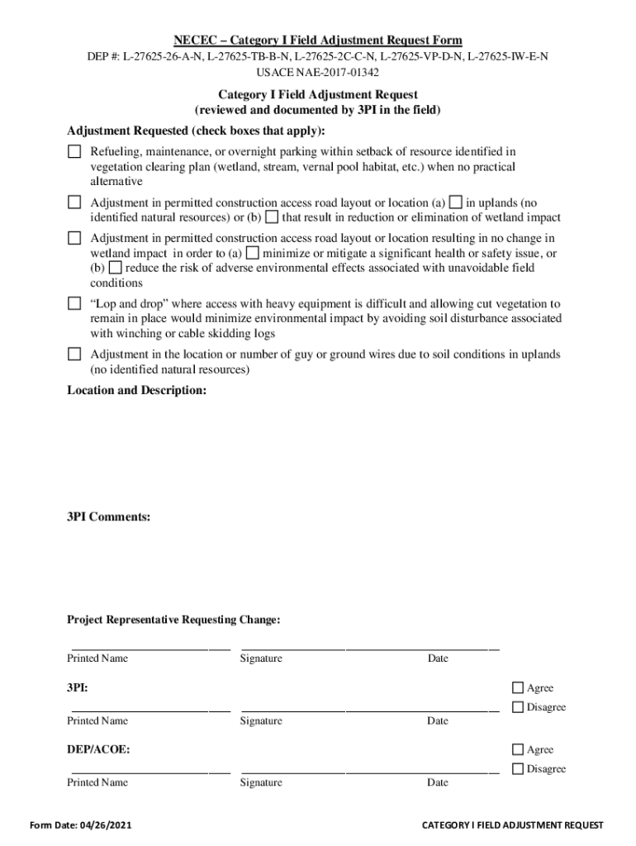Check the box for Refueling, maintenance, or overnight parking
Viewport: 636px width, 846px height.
(x=74, y=151)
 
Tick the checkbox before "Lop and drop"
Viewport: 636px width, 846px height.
(x=74, y=303)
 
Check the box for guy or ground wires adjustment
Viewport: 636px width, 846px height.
(x=74, y=354)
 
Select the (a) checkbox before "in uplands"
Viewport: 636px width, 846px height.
(x=456, y=202)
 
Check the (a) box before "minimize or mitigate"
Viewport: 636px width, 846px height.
(x=253, y=253)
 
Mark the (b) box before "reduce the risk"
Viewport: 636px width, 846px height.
(x=116, y=268)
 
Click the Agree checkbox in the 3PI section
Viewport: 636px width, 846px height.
(x=518, y=687)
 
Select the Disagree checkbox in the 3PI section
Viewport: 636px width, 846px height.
(x=518, y=706)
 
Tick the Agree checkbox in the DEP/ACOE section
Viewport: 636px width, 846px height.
(x=518, y=749)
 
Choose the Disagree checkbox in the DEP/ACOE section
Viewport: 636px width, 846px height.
(x=518, y=768)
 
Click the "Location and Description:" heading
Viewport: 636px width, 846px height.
(x=136, y=390)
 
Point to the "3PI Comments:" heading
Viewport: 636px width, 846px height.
(x=108, y=517)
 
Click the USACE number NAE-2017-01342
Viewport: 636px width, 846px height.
(x=317, y=73)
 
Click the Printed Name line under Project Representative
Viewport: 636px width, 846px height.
(x=149, y=645)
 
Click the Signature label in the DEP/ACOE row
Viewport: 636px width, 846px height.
(x=261, y=782)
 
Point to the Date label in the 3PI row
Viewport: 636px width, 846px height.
(x=438, y=720)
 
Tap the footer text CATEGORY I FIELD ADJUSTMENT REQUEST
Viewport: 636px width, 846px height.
(x=512, y=825)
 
